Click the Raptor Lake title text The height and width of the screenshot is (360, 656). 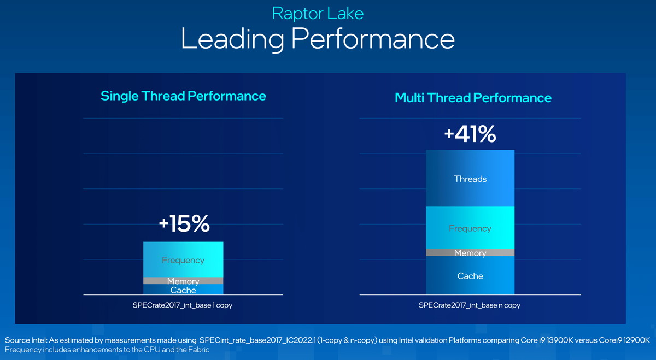[x=318, y=13]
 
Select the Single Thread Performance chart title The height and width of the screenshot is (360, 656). [x=183, y=96]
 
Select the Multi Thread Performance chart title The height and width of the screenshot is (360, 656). [x=473, y=98]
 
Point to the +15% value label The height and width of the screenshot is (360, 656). [x=184, y=223]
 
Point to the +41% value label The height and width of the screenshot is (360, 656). [x=470, y=134]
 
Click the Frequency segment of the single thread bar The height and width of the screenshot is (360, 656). [x=183, y=260]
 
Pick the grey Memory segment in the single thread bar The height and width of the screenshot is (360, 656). [x=183, y=281]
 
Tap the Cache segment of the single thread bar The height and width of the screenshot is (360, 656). [x=183, y=290]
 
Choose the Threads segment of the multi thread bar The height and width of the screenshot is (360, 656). [x=470, y=179]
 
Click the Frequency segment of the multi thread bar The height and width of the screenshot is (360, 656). [x=470, y=228]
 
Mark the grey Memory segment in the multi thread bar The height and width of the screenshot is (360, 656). [x=470, y=253]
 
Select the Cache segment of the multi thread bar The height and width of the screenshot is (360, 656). [x=470, y=276]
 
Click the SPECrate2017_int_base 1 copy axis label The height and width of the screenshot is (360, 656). [x=183, y=305]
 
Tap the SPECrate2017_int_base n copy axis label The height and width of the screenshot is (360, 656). [x=470, y=305]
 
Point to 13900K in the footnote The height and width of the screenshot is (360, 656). [x=555, y=340]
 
